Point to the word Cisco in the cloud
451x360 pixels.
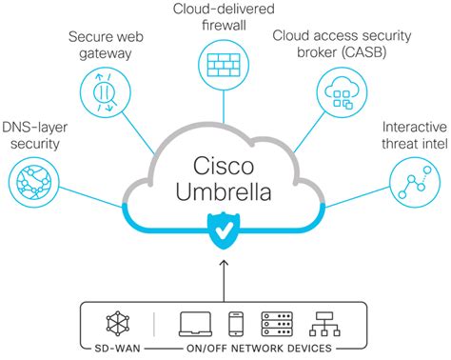pyautogui.click(x=225, y=165)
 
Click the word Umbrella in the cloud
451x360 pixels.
pyautogui.click(x=225, y=192)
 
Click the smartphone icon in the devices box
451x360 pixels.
pyautogui.click(x=236, y=325)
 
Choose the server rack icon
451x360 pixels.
pyautogui.click(x=277, y=325)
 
